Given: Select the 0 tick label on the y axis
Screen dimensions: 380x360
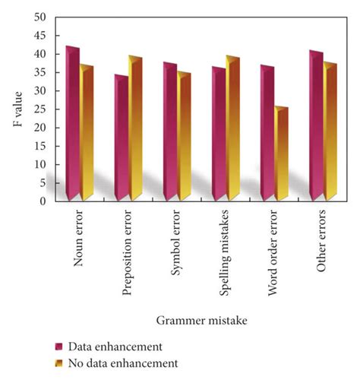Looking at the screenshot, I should tap(43, 201).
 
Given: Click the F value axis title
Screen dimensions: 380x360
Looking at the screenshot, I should tap(17, 109).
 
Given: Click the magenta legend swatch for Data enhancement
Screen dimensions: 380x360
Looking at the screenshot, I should tap(58, 347).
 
